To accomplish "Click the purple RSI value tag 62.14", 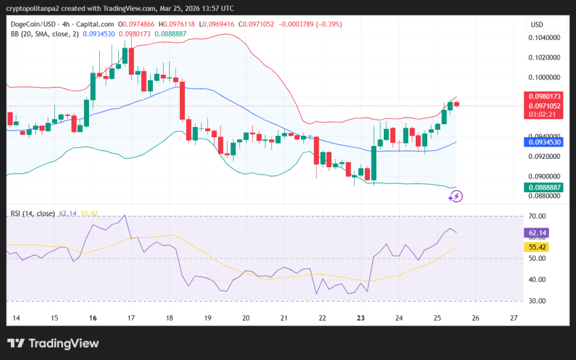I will (539, 233).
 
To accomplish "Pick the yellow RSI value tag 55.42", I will (539, 247).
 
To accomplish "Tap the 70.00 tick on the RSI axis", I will (538, 216).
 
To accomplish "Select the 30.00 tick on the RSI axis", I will (538, 301).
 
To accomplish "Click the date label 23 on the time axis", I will (361, 317).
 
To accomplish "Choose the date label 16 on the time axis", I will (92, 317).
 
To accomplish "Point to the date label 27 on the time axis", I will (514, 317).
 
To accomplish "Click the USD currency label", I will (537, 24).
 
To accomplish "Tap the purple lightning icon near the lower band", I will (456, 196).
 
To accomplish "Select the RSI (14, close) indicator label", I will (33, 213).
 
